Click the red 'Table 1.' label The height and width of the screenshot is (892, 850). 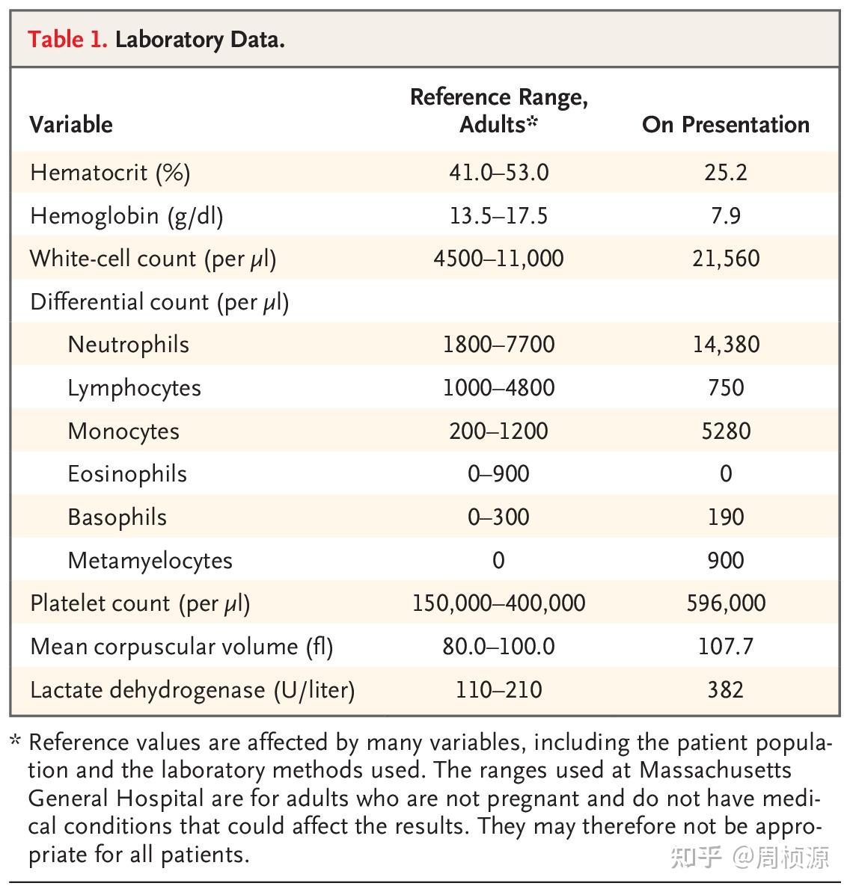pyautogui.click(x=67, y=40)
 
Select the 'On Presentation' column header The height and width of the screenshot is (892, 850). pyautogui.click(x=726, y=125)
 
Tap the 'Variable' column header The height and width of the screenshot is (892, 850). pyautogui.click(x=71, y=125)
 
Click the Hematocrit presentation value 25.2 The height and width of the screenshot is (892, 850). pyautogui.click(x=726, y=173)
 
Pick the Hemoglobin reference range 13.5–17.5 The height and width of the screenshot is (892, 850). pyautogui.click(x=499, y=215)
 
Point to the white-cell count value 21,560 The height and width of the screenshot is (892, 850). pyautogui.click(x=726, y=259)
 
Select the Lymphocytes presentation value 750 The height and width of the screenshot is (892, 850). pyautogui.click(x=726, y=388)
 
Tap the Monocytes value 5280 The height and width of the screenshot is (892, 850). pyautogui.click(x=726, y=431)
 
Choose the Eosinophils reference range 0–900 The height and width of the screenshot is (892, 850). pyautogui.click(x=499, y=474)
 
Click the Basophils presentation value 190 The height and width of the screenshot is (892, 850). pyautogui.click(x=726, y=517)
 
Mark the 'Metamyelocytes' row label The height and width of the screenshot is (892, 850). pyautogui.click(x=150, y=561)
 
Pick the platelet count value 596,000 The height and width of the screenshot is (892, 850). pyautogui.click(x=726, y=603)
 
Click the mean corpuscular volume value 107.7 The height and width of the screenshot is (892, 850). pyautogui.click(x=726, y=647)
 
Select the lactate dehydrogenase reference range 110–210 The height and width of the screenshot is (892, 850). pyautogui.click(x=499, y=690)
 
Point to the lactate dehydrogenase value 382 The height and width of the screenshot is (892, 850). pyautogui.click(x=726, y=690)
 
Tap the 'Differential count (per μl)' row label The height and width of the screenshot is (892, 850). pyautogui.click(x=159, y=302)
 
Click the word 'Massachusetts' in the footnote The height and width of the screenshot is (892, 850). pyautogui.click(x=715, y=770)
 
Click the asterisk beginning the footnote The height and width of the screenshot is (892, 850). pyautogui.click(x=16, y=740)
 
